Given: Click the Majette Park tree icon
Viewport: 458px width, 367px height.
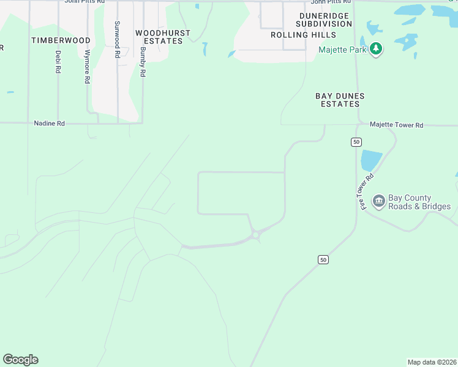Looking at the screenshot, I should pyautogui.click(x=377, y=50).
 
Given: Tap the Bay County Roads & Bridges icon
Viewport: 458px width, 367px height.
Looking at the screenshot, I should pyautogui.click(x=378, y=201).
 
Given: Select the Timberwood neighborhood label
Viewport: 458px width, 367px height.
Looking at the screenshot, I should pyautogui.click(x=61, y=40).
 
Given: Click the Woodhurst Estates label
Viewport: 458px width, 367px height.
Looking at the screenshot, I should pyautogui.click(x=163, y=37).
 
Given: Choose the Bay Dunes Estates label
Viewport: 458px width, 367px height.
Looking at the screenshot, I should pyautogui.click(x=340, y=100).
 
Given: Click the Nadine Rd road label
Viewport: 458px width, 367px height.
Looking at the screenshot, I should pyautogui.click(x=50, y=124).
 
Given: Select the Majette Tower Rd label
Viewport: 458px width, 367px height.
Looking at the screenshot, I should pyautogui.click(x=396, y=125).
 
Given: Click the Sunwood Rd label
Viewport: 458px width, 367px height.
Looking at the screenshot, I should pyautogui.click(x=117, y=39).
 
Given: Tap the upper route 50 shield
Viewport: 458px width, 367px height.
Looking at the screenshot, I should pyautogui.click(x=356, y=142).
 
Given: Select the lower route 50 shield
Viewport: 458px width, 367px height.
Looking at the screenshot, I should pyautogui.click(x=323, y=260).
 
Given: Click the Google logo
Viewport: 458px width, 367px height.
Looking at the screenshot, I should pyautogui.click(x=20, y=360).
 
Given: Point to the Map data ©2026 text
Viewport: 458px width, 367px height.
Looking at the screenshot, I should pyautogui.click(x=432, y=362).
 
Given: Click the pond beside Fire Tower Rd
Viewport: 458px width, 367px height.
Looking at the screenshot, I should pyautogui.click(x=371, y=160).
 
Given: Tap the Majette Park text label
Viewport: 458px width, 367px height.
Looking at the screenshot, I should pyautogui.click(x=342, y=50).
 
